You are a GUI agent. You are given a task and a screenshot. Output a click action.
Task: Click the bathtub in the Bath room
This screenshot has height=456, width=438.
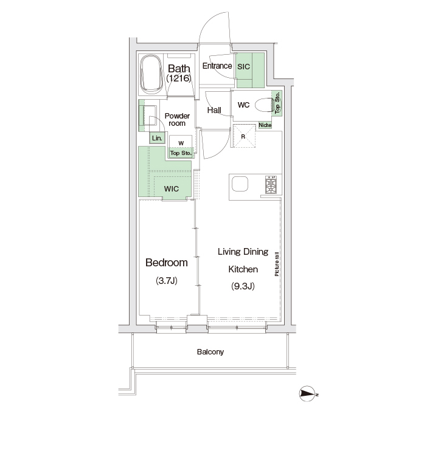coord(151,74)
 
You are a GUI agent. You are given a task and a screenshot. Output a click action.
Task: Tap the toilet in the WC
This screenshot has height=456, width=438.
coord(264,105)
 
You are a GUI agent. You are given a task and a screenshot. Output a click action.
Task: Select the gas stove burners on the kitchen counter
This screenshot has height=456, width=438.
coord(271,185)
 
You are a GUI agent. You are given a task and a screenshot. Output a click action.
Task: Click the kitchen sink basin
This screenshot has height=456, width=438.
coord(240,184)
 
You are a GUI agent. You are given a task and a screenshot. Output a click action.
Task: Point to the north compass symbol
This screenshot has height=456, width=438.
coord(308,394)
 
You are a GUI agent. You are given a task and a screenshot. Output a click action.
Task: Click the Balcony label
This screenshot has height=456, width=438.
coord(210,352)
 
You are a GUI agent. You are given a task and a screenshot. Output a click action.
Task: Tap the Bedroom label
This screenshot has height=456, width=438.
coord(167,263)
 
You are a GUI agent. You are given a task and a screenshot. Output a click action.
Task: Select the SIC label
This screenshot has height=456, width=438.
coord(243,67)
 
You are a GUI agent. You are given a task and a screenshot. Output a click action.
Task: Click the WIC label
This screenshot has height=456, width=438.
coord(172,188)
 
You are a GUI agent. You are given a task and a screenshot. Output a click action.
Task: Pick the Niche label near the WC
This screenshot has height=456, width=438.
coord(265,125)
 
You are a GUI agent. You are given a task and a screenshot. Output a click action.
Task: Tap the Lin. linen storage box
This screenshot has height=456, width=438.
coord(157,138)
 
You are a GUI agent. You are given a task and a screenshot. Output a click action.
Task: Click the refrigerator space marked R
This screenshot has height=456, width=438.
coord(243,136)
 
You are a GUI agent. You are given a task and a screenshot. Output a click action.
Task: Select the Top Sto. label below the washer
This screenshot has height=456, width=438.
coord(181,153)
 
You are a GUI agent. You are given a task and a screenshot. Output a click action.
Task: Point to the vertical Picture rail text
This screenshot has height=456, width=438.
coord(277,264)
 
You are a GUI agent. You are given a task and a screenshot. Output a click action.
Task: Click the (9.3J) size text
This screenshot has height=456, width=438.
coord(243,286)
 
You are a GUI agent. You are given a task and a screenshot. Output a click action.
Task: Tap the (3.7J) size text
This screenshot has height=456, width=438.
coord(167,281)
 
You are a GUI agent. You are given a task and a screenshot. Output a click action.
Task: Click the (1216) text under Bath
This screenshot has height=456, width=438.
coord(179,78)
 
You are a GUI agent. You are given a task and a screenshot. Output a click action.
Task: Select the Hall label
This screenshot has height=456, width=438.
coord(214,110)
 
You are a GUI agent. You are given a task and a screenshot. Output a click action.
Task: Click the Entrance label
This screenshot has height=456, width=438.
coord(217,66)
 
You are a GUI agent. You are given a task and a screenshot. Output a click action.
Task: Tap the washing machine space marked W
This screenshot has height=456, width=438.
coord(181,142)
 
